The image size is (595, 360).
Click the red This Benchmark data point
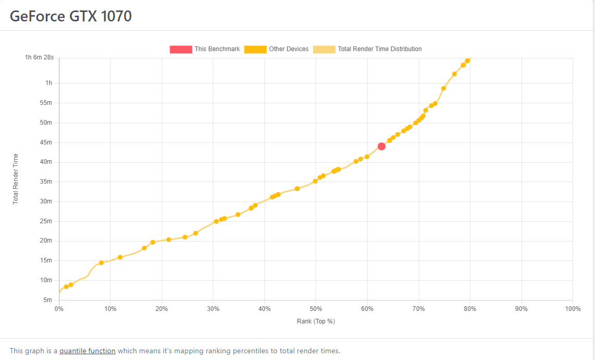tap(381, 146)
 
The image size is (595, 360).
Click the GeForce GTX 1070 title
tap(71, 16)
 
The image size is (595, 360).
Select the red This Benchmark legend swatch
tap(180, 49)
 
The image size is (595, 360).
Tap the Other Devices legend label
tap(288, 49)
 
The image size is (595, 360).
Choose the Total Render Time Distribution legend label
tap(380, 49)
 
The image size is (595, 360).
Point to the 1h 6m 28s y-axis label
tap(39, 57)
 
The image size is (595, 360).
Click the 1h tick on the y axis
tap(48, 83)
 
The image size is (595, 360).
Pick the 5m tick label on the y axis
tap(47, 300)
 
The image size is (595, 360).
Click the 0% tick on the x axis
tap(59, 309)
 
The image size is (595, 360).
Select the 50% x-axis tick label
tap(315, 309)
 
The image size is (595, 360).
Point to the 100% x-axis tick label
tap(573, 309)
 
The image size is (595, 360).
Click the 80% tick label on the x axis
tap(470, 309)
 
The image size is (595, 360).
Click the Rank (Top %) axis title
tap(315, 321)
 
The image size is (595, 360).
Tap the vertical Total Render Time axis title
tap(16, 178)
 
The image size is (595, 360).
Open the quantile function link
tap(88, 351)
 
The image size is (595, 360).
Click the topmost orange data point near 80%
tap(467, 61)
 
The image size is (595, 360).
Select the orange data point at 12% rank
tap(120, 257)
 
